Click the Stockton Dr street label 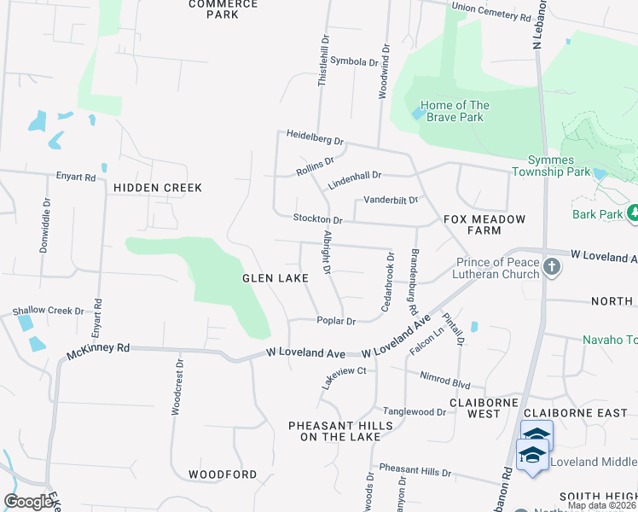[317, 219]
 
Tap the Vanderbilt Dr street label [391, 201]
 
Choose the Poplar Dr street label [335, 321]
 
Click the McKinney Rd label [99, 348]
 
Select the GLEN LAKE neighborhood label [275, 278]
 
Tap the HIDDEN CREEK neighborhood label [158, 188]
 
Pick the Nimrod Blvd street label [445, 375]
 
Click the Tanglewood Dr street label [415, 411]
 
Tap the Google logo [27, 502]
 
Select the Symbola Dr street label [353, 62]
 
